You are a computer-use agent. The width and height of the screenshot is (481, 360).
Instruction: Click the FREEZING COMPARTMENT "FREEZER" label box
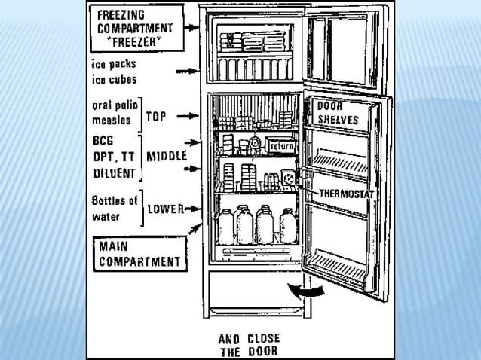(136, 28)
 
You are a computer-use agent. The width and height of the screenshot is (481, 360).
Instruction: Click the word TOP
(156, 117)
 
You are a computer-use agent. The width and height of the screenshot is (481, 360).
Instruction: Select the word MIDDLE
(166, 157)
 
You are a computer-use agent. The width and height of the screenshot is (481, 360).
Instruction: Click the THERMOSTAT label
(345, 193)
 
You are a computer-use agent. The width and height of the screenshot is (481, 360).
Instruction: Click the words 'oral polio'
(113, 107)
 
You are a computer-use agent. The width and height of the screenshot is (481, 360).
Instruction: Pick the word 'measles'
(109, 120)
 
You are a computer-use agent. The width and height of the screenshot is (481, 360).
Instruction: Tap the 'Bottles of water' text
(113, 208)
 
